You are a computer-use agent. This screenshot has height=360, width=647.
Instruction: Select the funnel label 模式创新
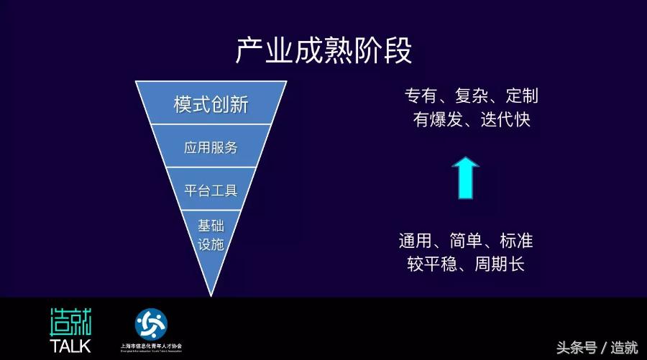point(211,105)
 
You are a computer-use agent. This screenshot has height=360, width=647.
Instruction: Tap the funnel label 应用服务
point(211,148)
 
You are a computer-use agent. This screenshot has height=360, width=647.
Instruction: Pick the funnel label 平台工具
point(211,190)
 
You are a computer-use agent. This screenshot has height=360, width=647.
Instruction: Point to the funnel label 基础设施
point(211,234)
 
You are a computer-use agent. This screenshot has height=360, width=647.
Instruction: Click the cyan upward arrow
point(466,178)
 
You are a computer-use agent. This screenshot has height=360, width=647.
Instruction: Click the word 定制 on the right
point(522,96)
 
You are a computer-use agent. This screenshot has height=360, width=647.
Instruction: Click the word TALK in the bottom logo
point(70,345)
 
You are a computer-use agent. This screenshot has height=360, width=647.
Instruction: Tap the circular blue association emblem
point(151,324)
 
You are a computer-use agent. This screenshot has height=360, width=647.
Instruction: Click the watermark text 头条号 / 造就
point(597,348)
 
